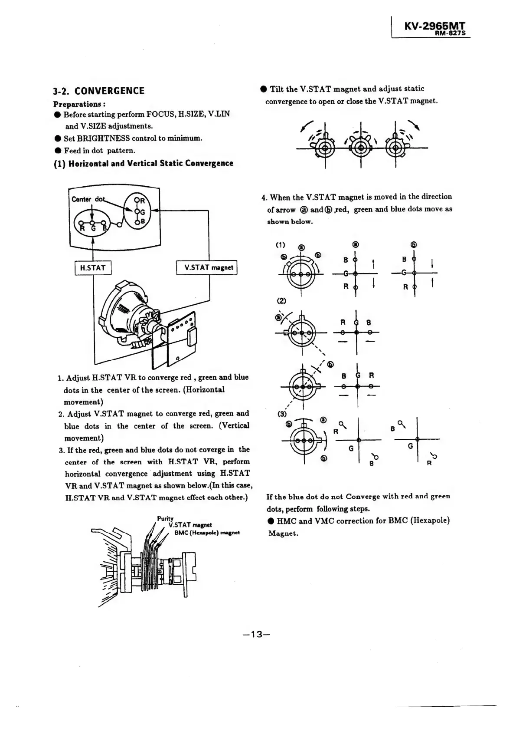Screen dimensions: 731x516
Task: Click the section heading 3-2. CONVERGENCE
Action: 98,91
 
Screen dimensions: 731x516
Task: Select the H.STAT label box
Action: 93,268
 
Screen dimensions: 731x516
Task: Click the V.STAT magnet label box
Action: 207,267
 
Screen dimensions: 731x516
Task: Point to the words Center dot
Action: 88,199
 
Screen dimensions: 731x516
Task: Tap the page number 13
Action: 257,634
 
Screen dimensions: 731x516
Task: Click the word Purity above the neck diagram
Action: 165,518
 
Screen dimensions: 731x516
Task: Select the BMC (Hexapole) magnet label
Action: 207,533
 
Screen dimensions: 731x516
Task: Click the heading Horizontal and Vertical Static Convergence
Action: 143,163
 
